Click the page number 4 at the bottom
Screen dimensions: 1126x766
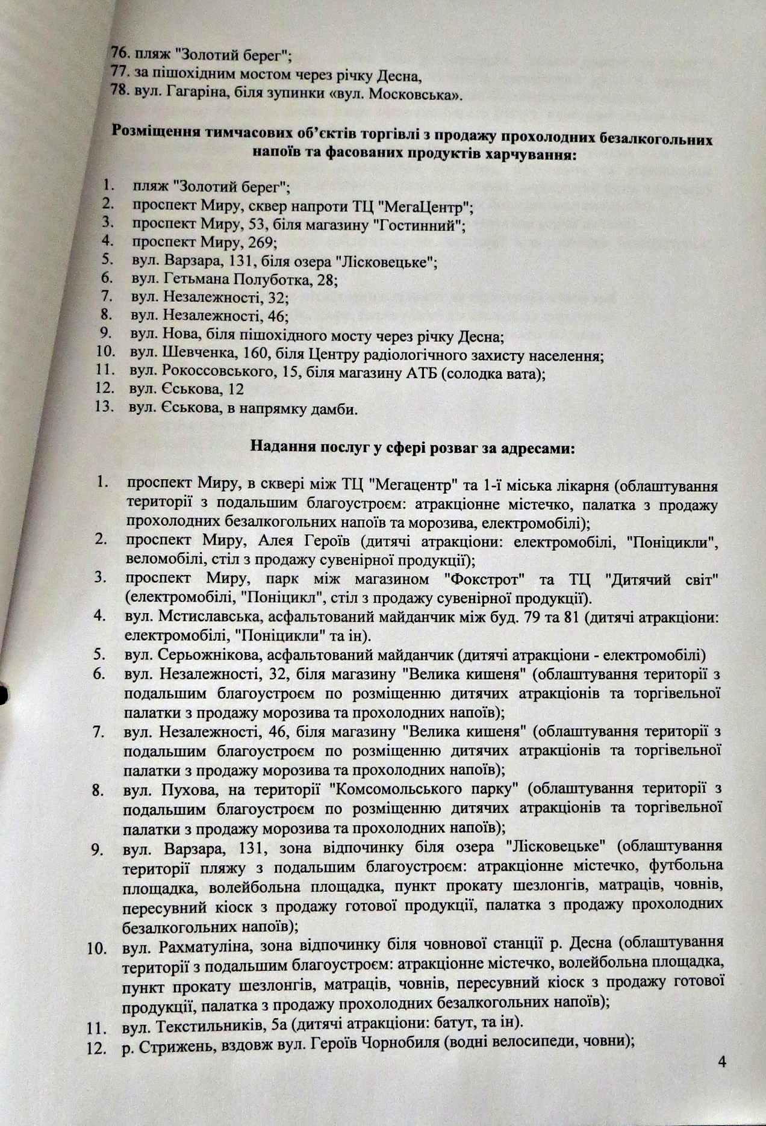[x=722, y=1062]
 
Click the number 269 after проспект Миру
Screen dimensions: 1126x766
[x=260, y=243]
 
